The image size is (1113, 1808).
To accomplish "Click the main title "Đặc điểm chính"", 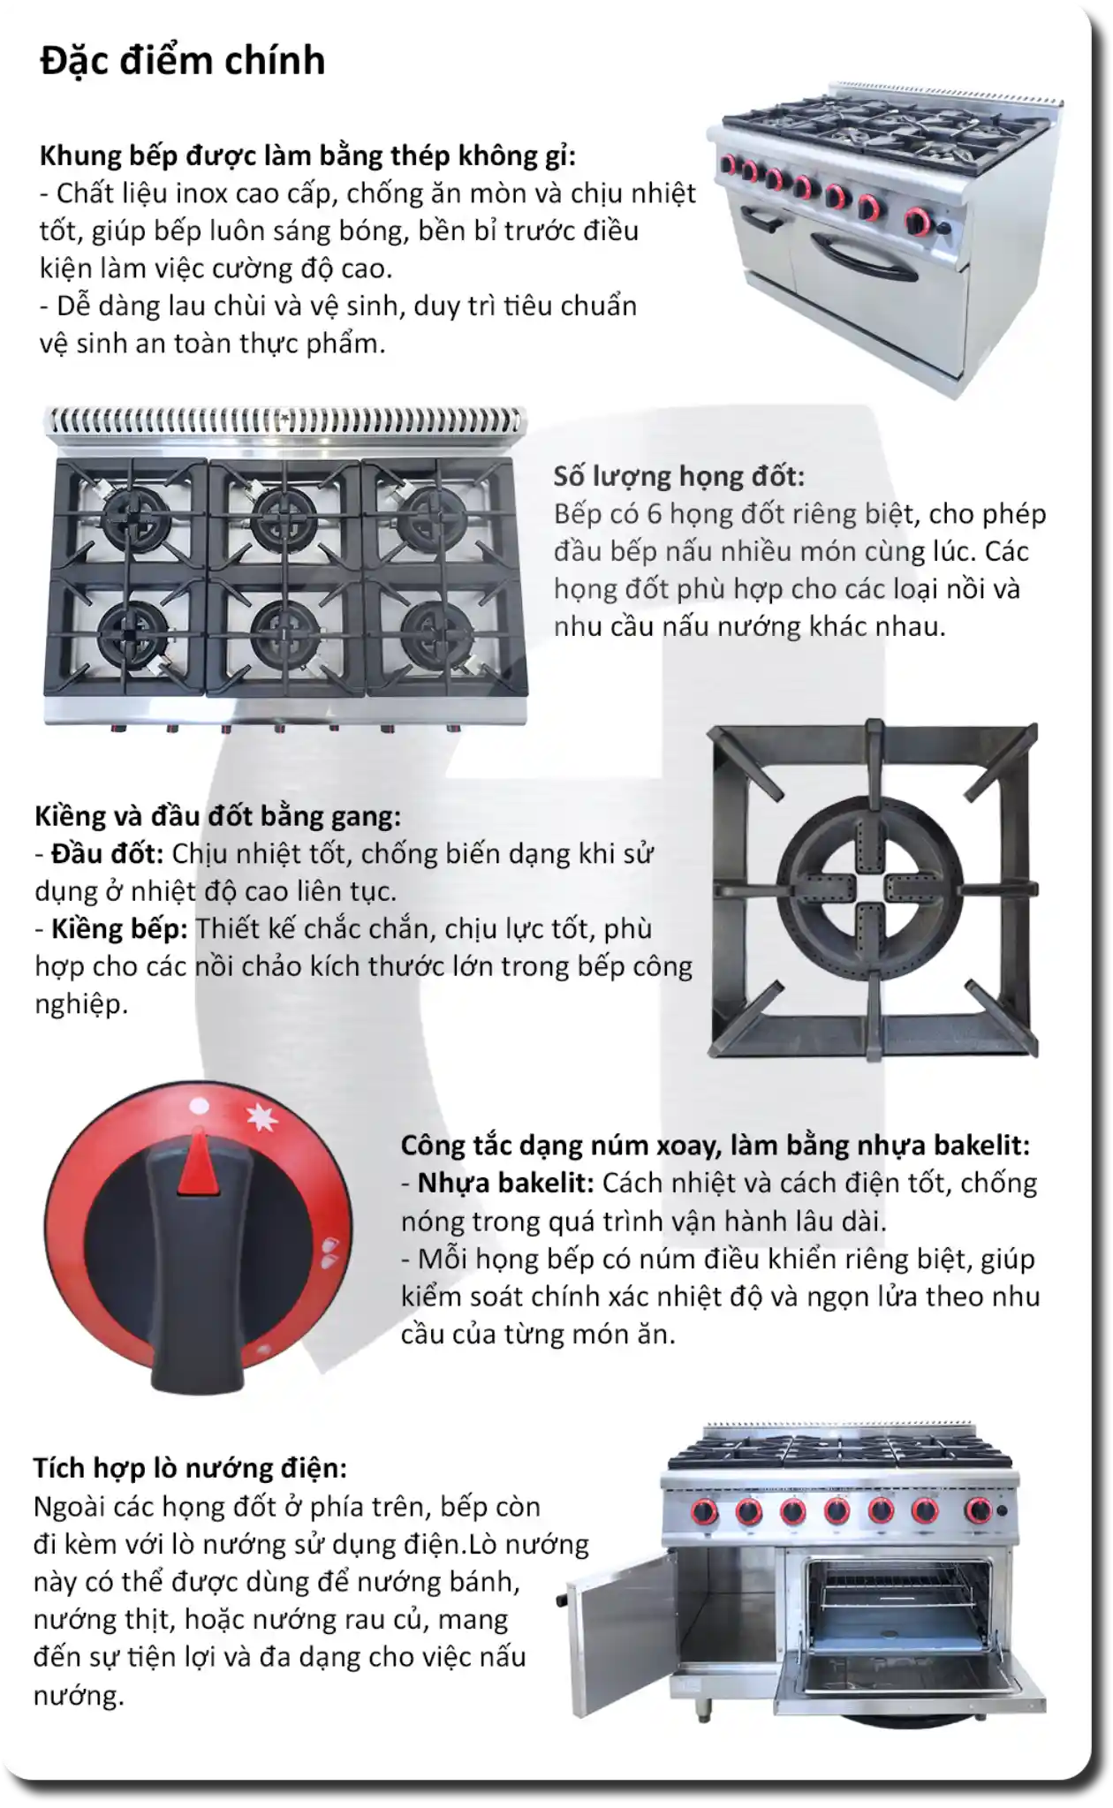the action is coord(183,61).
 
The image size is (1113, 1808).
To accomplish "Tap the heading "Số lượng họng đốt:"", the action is coord(679,476).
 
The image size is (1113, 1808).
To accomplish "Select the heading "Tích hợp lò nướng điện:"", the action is coord(190,1468).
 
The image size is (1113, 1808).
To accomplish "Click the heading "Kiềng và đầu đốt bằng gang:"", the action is coord(218,816).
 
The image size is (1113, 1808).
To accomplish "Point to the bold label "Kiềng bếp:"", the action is coord(119,929).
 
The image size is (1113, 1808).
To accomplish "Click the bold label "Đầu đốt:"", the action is coord(107,853).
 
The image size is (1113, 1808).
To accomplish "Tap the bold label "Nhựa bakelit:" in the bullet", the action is coord(505,1183).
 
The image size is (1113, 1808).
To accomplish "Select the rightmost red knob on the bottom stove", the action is coord(979,1511).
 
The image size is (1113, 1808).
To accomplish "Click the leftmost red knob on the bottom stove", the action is coord(705,1512).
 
